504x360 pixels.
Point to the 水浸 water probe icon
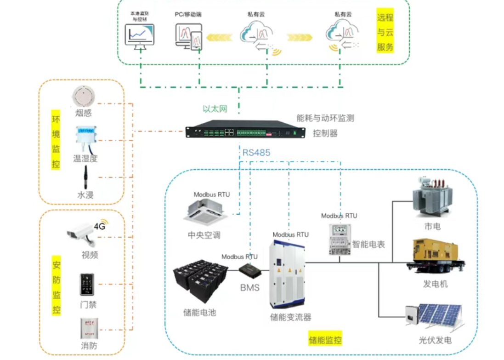tap(85, 177)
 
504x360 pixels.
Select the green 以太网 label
tap(215, 109)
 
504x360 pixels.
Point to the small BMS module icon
tap(250, 270)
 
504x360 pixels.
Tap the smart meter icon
tap(339, 239)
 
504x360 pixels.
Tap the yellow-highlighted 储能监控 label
tap(325, 341)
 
